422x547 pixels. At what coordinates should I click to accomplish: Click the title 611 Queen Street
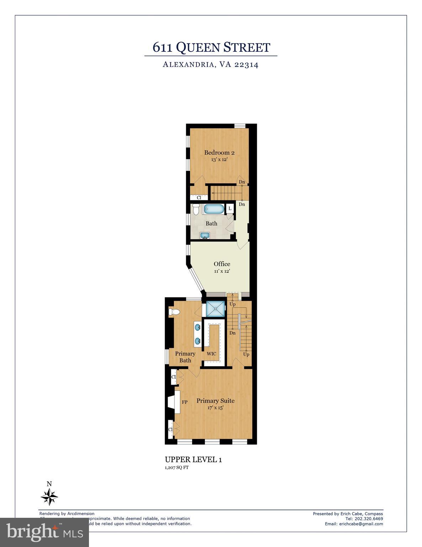point(211,47)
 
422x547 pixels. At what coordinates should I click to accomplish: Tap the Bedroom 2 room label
point(219,153)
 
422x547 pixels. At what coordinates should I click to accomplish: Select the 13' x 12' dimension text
point(219,160)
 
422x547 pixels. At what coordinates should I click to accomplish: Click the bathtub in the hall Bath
point(214,209)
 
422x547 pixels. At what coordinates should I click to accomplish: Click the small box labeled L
point(230,208)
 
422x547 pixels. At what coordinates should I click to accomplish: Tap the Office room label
point(222,264)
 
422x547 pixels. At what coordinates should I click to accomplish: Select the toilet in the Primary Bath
point(174,312)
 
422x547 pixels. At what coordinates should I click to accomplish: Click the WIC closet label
point(211,354)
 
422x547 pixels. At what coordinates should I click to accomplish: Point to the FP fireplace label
point(185,402)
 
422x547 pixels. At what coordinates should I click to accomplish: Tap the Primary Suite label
point(215,401)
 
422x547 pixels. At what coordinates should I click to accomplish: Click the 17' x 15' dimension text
point(215,408)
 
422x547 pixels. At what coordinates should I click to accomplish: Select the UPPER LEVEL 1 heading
point(193,459)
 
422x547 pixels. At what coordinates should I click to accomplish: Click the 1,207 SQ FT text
point(176,468)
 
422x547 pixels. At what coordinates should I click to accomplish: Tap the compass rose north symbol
point(49,496)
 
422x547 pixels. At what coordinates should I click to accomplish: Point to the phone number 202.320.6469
point(369,519)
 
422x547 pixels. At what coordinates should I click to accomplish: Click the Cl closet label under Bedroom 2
point(199,197)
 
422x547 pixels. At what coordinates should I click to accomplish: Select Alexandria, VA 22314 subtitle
point(210,65)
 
